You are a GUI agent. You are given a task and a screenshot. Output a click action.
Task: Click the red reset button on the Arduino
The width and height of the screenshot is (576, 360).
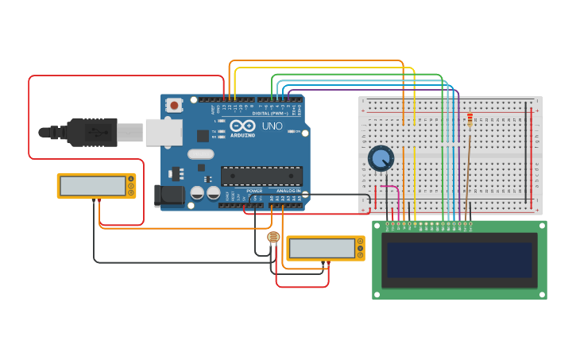[173, 105]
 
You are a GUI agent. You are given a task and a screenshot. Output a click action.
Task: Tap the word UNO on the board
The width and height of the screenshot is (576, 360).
[272, 126]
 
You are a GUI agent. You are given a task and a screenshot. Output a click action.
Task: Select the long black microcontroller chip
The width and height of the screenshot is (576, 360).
[261, 176]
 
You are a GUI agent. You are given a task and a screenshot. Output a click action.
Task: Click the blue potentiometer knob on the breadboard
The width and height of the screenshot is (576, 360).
[381, 158]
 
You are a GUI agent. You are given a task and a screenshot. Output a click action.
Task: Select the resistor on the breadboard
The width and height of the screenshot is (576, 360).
[470, 120]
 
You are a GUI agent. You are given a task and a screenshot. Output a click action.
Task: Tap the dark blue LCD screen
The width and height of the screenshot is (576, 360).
[458, 260]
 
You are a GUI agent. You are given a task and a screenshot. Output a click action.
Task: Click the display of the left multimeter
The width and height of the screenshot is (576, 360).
[92, 185]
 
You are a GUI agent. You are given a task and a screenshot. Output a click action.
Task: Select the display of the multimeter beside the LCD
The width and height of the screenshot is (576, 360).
[321, 249]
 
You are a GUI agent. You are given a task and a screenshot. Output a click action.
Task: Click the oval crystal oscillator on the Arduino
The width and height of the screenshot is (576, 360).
[201, 154]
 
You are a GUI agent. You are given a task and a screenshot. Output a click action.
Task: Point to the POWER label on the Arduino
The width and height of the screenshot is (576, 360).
[254, 192]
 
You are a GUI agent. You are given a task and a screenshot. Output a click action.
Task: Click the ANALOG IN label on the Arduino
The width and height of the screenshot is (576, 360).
[288, 192]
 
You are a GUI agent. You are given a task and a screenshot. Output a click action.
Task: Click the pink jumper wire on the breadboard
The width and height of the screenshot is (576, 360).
[390, 188]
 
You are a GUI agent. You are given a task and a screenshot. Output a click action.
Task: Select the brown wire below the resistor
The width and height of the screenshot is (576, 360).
[468, 167]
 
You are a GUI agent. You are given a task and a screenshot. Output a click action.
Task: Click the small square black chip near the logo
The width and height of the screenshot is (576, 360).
[203, 136]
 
